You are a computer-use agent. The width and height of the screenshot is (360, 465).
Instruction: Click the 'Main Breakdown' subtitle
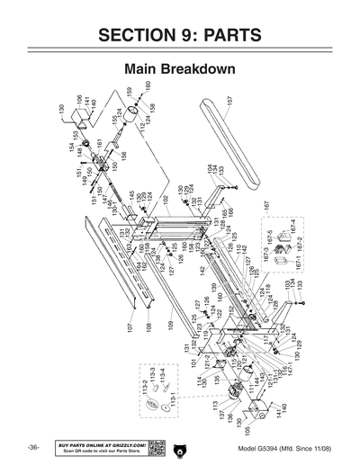tap(180, 69)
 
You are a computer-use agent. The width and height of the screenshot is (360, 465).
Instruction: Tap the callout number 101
tap(193, 363)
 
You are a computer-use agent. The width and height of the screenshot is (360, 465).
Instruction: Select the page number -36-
tap(32, 448)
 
